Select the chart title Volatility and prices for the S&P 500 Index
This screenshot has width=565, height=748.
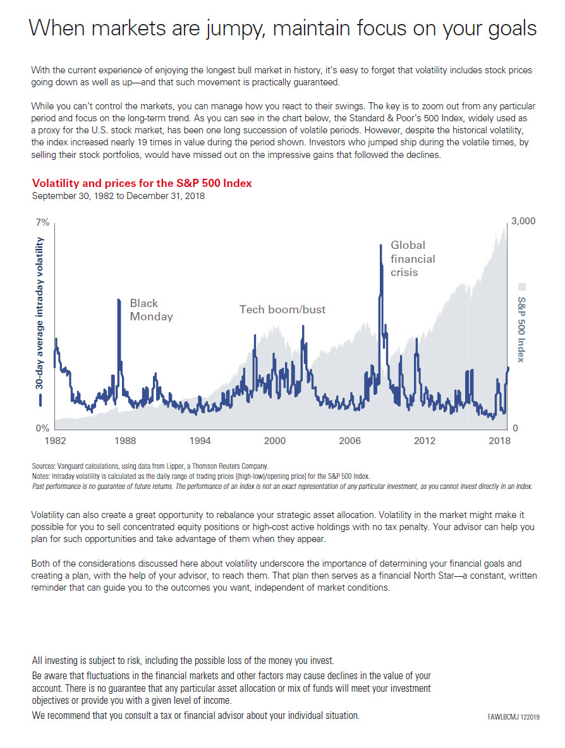[x=142, y=183]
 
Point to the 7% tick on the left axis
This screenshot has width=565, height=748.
[x=42, y=223]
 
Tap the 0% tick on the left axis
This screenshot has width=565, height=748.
[x=42, y=428]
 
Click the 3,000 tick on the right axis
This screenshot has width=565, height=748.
[x=523, y=221]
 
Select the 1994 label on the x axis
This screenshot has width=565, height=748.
[x=200, y=440]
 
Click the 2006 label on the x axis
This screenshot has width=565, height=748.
[x=349, y=440]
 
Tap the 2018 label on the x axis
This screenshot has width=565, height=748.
[x=499, y=440]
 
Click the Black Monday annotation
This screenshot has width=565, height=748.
[x=151, y=310]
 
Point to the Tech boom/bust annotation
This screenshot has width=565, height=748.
[x=282, y=310]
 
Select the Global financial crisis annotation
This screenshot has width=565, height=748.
[x=413, y=258]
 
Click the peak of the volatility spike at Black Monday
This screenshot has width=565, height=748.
[x=118, y=300]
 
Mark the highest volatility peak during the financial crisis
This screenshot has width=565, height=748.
[x=380, y=245]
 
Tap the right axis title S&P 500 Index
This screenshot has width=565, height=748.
[x=521, y=329]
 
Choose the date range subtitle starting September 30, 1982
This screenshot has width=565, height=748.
[x=118, y=196]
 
